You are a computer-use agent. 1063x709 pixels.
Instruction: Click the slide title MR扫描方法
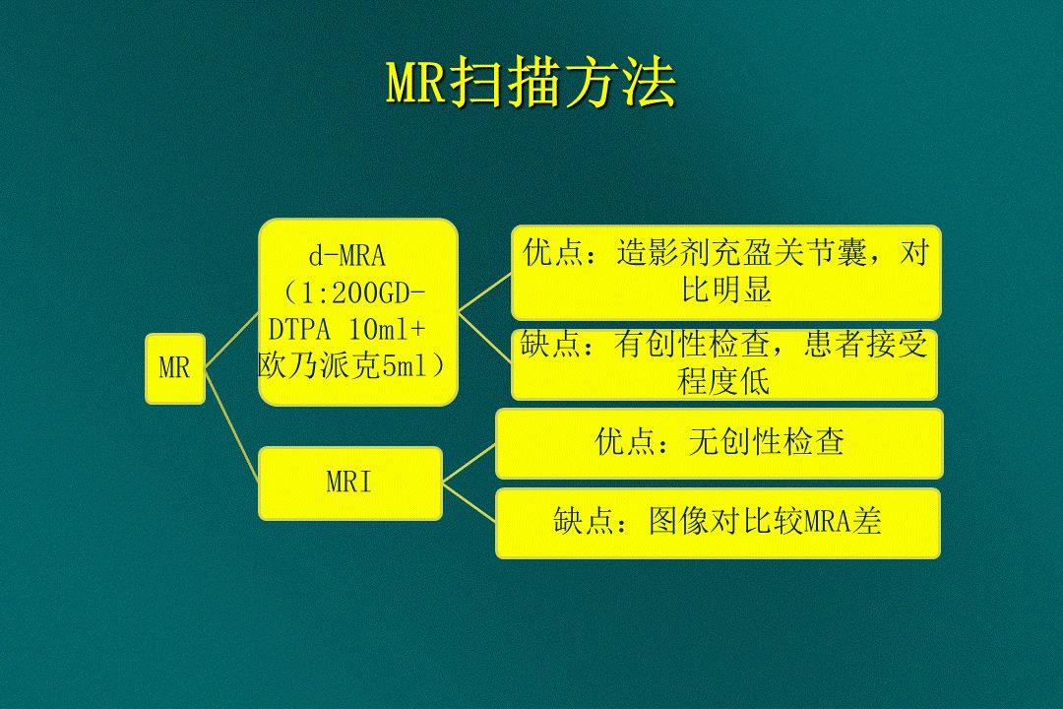(531, 87)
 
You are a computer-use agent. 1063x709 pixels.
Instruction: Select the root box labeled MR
(175, 369)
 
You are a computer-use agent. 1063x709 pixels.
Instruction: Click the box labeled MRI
(349, 483)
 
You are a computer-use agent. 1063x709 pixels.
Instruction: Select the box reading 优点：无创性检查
(719, 443)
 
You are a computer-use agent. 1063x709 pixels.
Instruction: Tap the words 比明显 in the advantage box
(726, 290)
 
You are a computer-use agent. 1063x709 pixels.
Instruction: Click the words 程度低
(723, 382)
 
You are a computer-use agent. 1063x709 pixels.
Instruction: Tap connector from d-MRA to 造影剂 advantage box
(485, 291)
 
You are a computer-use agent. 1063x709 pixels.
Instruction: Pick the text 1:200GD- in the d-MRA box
(360, 292)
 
